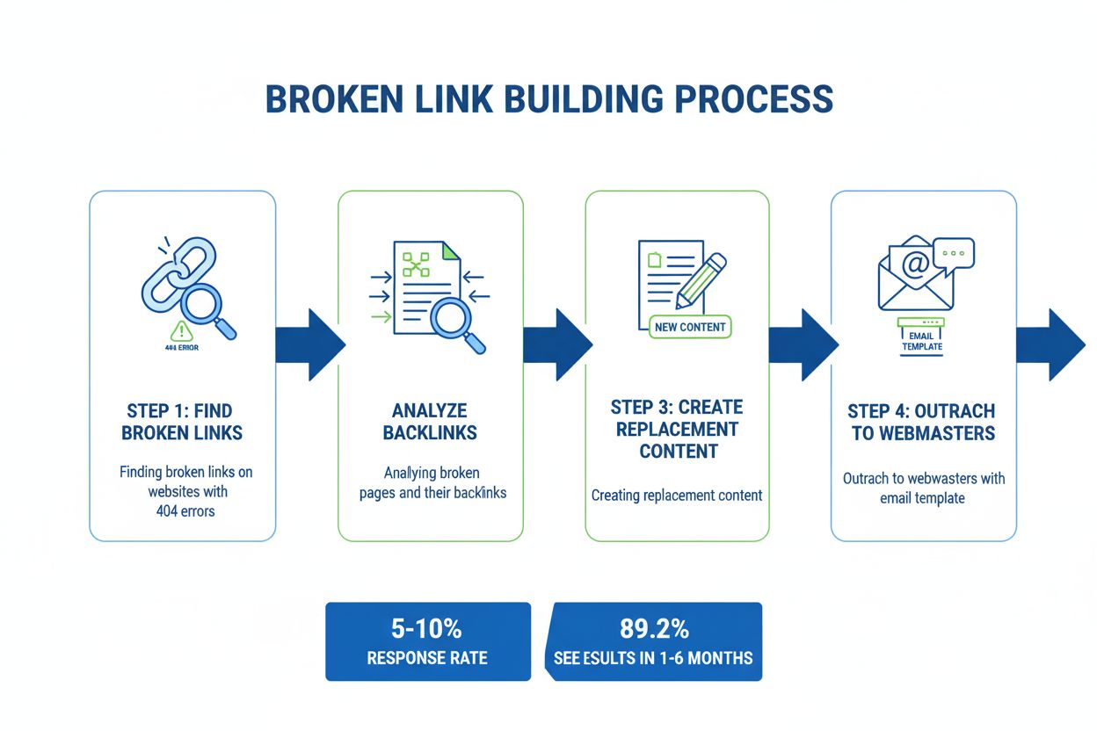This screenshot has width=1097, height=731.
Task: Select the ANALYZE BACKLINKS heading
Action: [x=430, y=422]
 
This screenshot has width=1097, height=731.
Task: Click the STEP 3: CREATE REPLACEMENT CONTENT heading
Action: [x=677, y=429]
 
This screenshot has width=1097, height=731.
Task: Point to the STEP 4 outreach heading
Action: [x=921, y=422]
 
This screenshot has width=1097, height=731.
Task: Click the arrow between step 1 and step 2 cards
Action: [x=309, y=344]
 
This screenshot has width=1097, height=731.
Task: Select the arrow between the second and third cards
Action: [x=556, y=344]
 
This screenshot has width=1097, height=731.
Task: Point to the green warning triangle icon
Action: [x=182, y=330]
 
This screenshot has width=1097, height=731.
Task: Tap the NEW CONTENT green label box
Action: [x=690, y=327]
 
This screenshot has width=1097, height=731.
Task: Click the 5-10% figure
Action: [x=427, y=628]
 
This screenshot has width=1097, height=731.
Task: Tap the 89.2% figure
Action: [x=654, y=628]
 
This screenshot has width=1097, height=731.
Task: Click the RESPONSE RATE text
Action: [x=427, y=657]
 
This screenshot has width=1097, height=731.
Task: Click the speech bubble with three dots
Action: [x=953, y=252]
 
